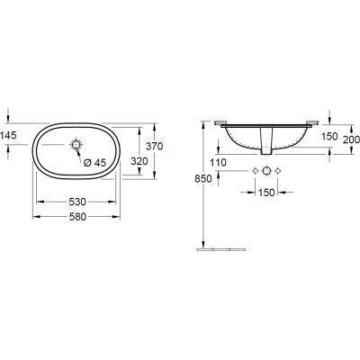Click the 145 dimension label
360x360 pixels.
coord(10,134)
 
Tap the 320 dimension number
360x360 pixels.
coord(138,160)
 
